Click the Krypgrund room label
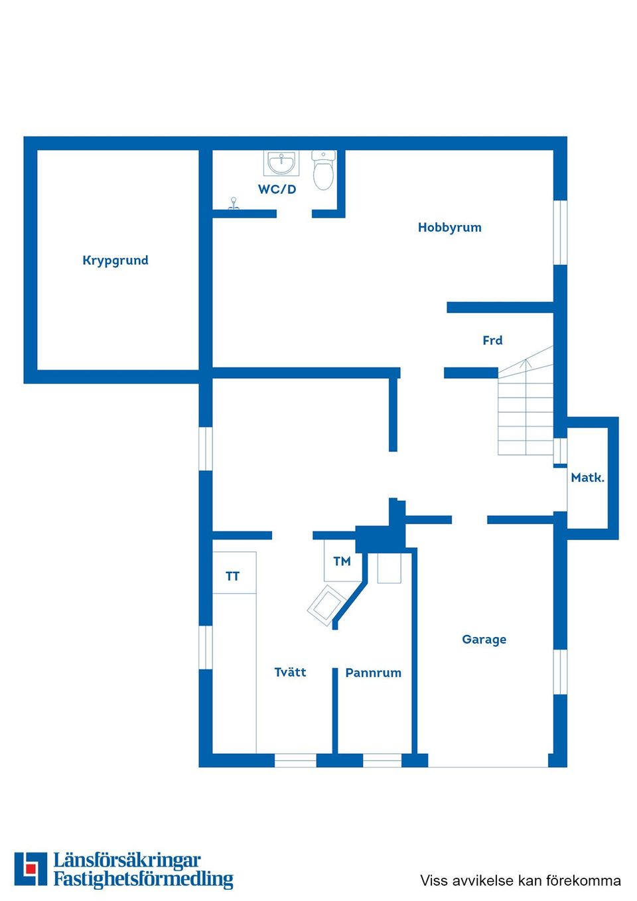pyautogui.click(x=115, y=260)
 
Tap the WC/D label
pyautogui.click(x=277, y=189)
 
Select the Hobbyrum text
pyautogui.click(x=449, y=228)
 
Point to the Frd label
pyautogui.click(x=492, y=340)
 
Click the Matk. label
pyautogui.click(x=587, y=478)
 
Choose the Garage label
pyautogui.click(x=484, y=640)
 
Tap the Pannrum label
pyautogui.click(x=373, y=673)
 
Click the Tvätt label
pyautogui.click(x=290, y=672)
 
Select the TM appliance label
pyautogui.click(x=342, y=561)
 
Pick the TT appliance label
pyautogui.click(x=232, y=576)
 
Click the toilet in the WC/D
pyautogui.click(x=324, y=171)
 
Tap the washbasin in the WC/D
pyautogui.click(x=282, y=162)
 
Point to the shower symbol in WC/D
pyautogui.click(x=233, y=204)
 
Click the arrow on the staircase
pyautogui.click(x=526, y=363)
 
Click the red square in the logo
pyautogui.click(x=29, y=868)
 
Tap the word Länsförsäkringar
pyautogui.click(x=127, y=861)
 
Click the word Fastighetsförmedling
pyautogui.click(x=143, y=879)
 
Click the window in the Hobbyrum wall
pyautogui.click(x=560, y=232)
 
